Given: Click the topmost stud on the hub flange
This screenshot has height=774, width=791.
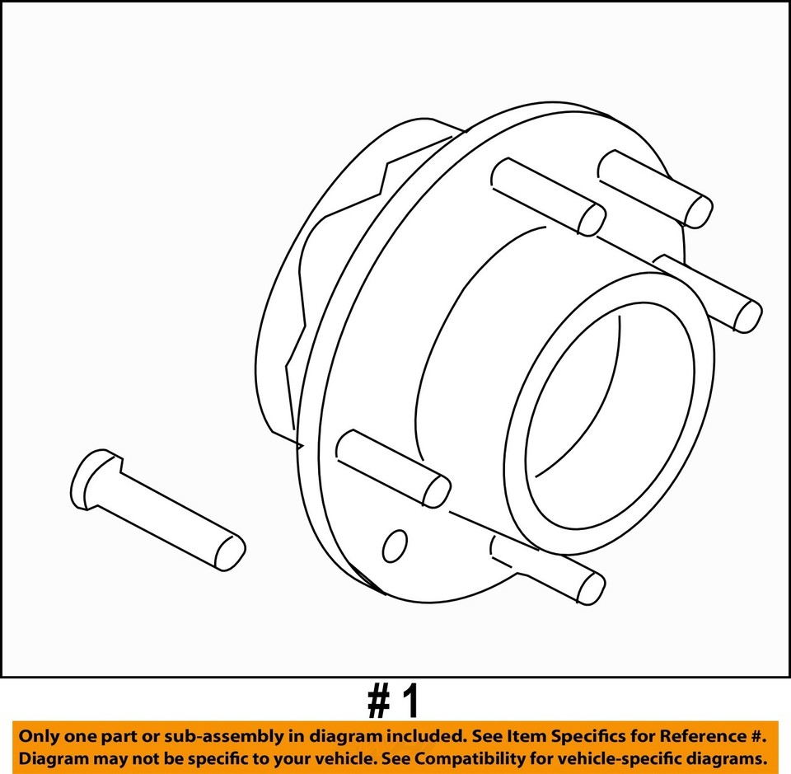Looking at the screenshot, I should [x=655, y=189].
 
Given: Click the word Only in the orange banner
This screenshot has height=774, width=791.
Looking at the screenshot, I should [x=39, y=735].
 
